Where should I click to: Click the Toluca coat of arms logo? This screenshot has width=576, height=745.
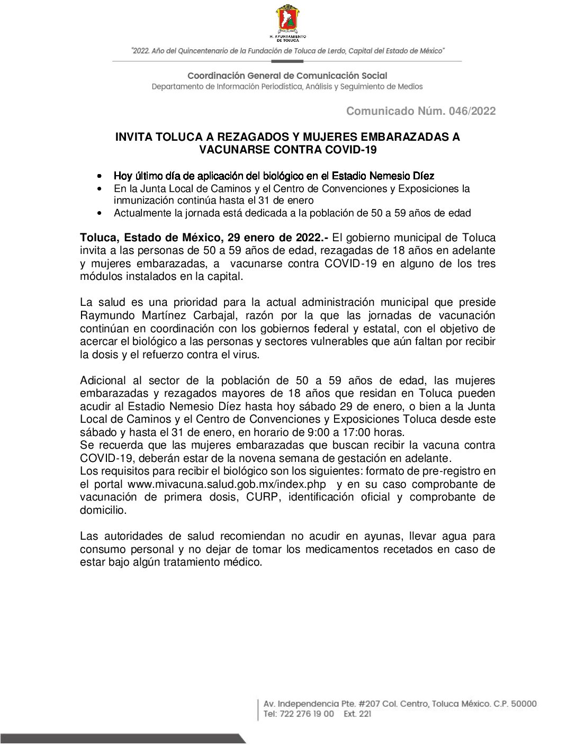pyautogui.click(x=288, y=20)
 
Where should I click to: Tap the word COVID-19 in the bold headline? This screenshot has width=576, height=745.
pyautogui.click(x=351, y=150)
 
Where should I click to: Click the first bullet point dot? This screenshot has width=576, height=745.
pyautogui.click(x=100, y=176)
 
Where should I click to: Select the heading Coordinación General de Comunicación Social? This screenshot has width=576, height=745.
pyautogui.click(x=287, y=76)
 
